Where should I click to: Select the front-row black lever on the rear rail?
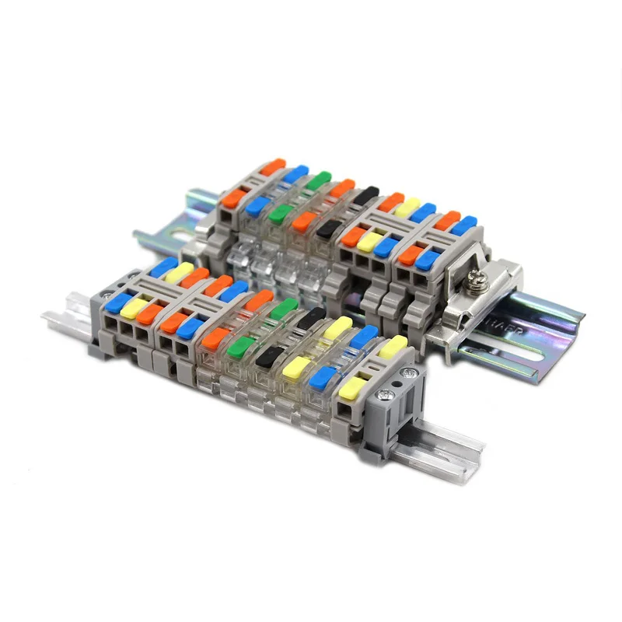click(x=329, y=228)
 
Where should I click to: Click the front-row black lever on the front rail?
click(x=269, y=356)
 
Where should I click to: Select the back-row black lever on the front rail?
click(x=312, y=317)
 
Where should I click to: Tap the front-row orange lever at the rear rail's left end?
click(x=232, y=198)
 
